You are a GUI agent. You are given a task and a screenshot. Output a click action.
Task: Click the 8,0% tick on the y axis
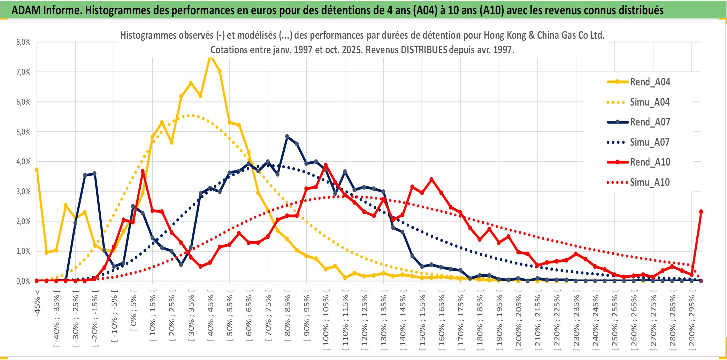tap(23, 42)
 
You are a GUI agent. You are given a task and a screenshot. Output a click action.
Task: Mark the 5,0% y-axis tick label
tap(23, 132)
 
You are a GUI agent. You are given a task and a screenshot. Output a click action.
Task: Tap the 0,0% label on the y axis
tap(23, 281)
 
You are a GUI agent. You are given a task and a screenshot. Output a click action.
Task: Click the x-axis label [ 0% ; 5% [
tap(133, 313)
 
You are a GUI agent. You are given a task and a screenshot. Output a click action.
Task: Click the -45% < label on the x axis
tap(37, 303)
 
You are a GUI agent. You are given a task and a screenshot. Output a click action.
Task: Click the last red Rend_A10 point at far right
tap(701, 212)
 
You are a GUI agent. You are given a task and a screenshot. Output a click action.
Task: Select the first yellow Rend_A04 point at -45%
tap(37, 170)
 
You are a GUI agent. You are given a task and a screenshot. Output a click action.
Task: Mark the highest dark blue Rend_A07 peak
tap(287, 137)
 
